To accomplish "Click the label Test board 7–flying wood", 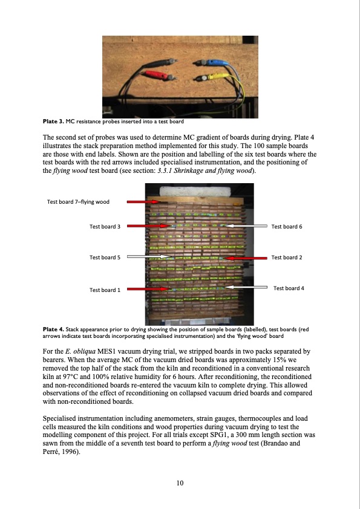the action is (x=78, y=202).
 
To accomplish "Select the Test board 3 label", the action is (x=105, y=227).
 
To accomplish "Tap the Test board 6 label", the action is (x=287, y=227).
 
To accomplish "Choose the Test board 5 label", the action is (x=105, y=258).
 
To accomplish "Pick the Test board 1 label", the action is (x=105, y=290).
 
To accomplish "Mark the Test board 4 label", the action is (x=289, y=288).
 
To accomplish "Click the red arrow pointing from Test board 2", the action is (x=246, y=258).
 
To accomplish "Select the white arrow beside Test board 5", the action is (x=148, y=257).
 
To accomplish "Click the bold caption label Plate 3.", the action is (x=54, y=122).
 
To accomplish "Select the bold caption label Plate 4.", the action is (x=54, y=329).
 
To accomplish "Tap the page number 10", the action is (x=180, y=483).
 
